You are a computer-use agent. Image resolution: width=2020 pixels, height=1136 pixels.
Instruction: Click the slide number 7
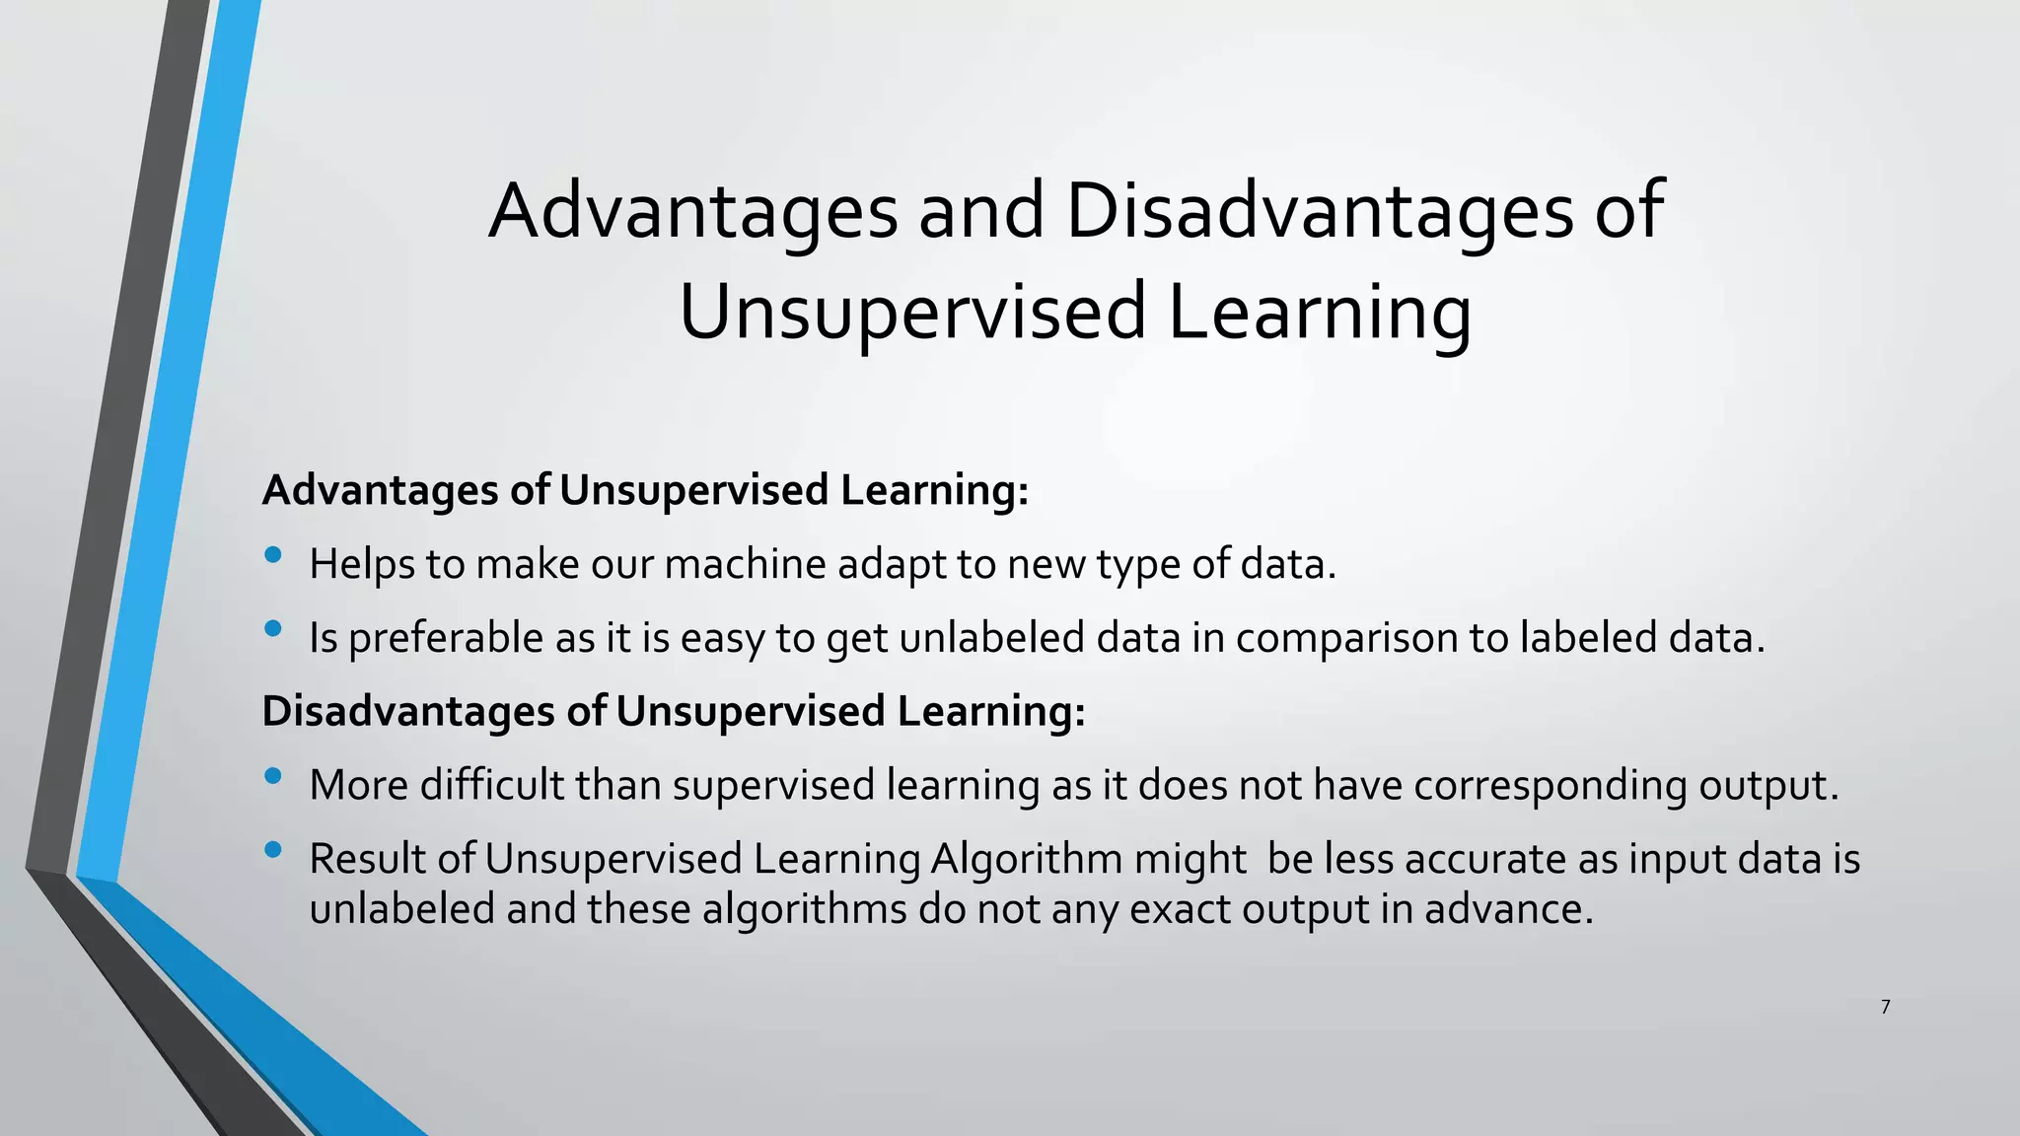point(1885,1007)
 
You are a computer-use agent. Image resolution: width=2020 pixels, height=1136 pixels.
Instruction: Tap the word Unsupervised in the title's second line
point(913,312)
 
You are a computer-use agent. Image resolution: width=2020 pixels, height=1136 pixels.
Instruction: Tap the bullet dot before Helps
point(273,555)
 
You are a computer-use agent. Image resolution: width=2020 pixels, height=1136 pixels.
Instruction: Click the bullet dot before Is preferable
point(273,628)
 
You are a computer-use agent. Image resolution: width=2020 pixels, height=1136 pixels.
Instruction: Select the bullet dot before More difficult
point(273,776)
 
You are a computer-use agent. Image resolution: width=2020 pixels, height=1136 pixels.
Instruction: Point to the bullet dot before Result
point(273,849)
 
